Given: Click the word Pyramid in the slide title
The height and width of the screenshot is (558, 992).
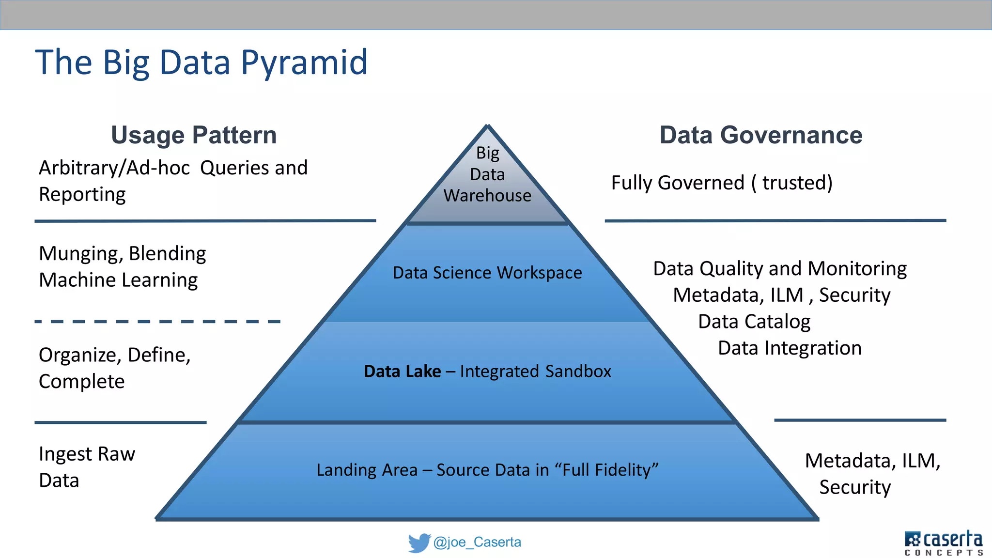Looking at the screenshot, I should coord(304,63).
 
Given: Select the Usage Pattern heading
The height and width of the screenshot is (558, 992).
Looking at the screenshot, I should coord(194,135).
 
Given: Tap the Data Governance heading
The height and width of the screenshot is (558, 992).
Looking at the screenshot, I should coord(761,135).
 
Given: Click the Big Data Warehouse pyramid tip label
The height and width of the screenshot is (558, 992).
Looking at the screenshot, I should coord(487,174).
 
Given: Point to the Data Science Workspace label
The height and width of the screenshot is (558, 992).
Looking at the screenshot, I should coord(487,273).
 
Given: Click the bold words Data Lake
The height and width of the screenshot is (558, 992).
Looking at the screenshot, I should coord(402,372).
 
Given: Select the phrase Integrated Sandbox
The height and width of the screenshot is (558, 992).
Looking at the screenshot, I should coord(535,372).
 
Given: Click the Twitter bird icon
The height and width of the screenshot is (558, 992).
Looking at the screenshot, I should coord(419,542).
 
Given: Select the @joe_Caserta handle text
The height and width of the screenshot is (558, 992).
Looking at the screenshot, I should coord(477,542).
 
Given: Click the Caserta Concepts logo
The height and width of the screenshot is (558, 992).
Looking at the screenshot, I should coord(944,542).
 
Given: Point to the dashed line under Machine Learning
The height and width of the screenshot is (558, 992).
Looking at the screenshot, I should coord(157,322).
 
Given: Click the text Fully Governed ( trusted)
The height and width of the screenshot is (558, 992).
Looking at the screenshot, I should coord(722,183).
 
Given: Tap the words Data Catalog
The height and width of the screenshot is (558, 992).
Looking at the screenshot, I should coord(754,322).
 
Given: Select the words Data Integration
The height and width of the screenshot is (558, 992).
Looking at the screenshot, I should coord(790,348).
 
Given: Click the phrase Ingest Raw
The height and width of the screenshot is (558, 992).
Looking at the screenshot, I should coord(87,454).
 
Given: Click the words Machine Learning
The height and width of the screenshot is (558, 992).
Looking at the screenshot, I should coord(118,280).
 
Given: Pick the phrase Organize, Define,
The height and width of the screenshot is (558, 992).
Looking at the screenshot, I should coord(115,355).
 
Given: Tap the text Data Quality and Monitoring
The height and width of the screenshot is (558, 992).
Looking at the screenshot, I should coord(780,268).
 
